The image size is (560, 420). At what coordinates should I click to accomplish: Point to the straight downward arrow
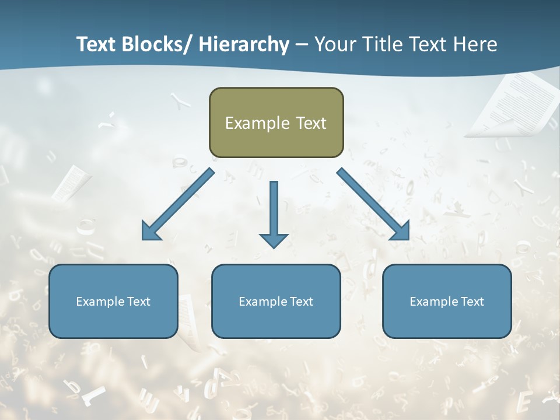pyautogui.click(x=274, y=213)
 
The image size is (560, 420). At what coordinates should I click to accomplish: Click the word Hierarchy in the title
pyautogui.click(x=244, y=44)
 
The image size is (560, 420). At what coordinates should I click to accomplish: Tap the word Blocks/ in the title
pyautogui.click(x=153, y=44)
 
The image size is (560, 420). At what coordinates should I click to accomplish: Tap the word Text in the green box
pyautogui.click(x=310, y=123)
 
